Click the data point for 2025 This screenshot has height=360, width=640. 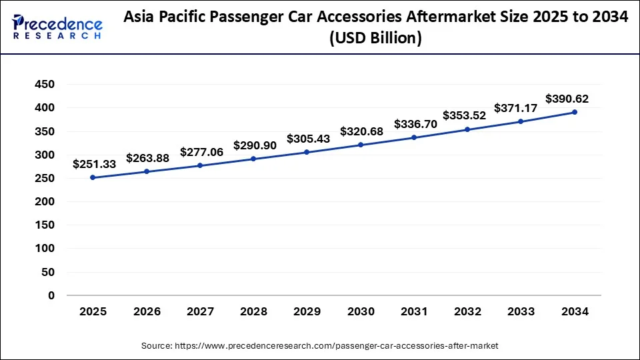[x=93, y=177]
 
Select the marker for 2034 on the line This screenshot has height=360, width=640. [x=575, y=112]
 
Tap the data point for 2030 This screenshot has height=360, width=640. [x=361, y=145]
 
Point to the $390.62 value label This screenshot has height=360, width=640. [x=567, y=99]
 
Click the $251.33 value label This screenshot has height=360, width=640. [x=94, y=164]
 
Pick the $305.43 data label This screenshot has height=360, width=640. [x=308, y=139]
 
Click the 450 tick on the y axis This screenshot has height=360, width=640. [x=45, y=84]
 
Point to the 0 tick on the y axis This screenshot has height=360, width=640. [x=51, y=295]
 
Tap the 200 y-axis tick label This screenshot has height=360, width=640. [x=45, y=201]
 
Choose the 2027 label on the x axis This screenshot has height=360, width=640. [x=200, y=311]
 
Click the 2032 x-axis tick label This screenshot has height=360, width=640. [x=467, y=311]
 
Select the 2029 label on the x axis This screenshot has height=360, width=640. [x=307, y=311]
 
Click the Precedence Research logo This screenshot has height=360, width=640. [x=57, y=27]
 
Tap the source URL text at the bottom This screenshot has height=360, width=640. [x=320, y=345]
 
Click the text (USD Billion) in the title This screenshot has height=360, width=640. [x=376, y=39]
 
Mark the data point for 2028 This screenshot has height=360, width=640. [x=253, y=159]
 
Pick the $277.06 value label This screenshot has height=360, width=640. [x=201, y=152]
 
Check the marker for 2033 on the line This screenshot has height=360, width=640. [x=521, y=121]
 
